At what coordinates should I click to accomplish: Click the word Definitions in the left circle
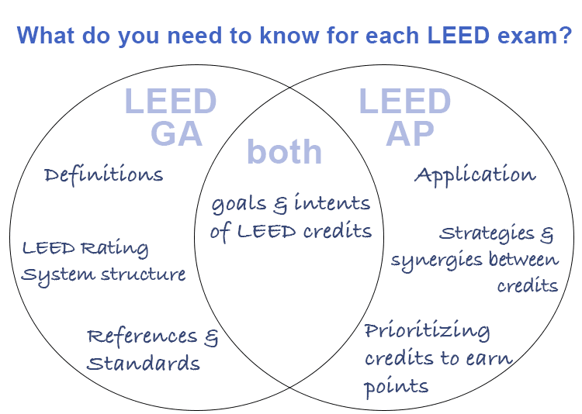pyautogui.click(x=103, y=174)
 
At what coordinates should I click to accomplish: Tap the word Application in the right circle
pyautogui.click(x=475, y=174)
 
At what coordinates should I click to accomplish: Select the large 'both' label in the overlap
pyautogui.click(x=284, y=151)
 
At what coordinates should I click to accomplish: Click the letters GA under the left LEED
pyautogui.click(x=177, y=134)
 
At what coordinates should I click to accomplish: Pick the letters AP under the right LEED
pyautogui.click(x=410, y=134)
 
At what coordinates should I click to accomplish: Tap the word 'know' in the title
pyautogui.click(x=289, y=35)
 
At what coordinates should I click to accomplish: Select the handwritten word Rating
pyautogui.click(x=115, y=249)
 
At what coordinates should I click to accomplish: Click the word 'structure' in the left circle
pyautogui.click(x=144, y=274)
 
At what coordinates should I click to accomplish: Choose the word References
pyautogui.click(x=142, y=336)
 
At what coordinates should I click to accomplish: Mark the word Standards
pyautogui.click(x=144, y=363)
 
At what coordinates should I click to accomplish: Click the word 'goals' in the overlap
pyautogui.click(x=239, y=205)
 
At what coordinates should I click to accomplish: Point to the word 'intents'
pyautogui.click(x=332, y=202)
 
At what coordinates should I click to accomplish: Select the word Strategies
pyautogui.click(x=487, y=234)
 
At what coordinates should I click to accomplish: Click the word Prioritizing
pyautogui.click(x=427, y=331)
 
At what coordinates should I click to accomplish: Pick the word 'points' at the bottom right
pyautogui.click(x=396, y=387)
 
